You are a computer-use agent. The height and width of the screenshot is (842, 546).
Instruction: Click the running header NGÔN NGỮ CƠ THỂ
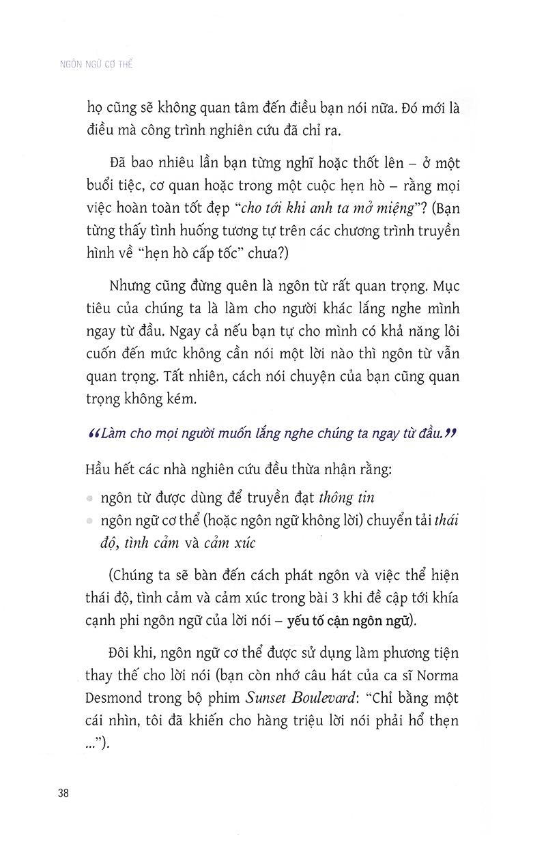coord(97,66)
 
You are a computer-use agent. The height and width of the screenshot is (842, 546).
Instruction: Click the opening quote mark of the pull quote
coord(94,433)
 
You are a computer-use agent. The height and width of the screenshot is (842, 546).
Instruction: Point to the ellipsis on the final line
coord(97,744)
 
